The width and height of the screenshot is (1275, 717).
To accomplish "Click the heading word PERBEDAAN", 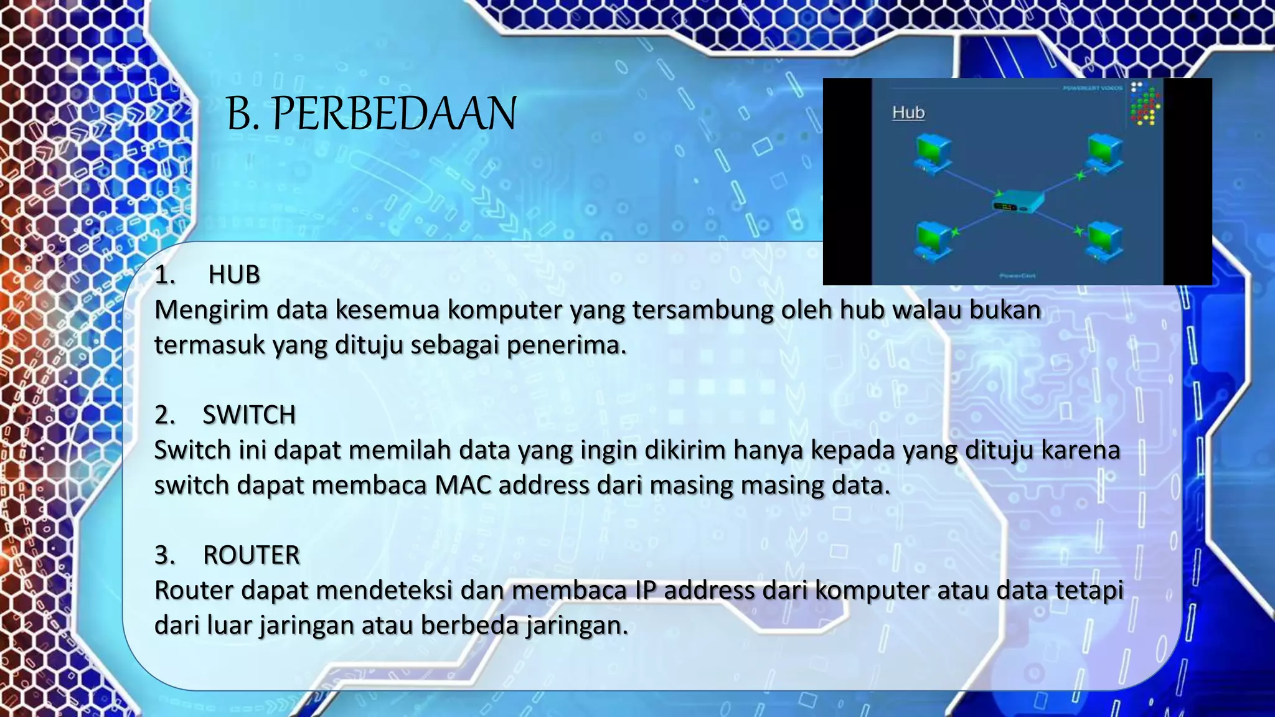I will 394,115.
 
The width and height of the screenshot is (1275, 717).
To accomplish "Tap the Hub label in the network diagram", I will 908,113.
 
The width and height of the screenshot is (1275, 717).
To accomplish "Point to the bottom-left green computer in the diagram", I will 933,240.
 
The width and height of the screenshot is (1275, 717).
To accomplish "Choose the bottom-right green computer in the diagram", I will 1105,241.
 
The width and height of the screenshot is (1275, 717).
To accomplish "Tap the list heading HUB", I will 233,274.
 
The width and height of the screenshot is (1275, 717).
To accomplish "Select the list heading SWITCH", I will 248,415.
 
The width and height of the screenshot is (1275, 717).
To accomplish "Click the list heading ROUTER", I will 251,555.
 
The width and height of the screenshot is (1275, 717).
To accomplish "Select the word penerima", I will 566,345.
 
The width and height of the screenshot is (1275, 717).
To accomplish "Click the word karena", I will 1081,450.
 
